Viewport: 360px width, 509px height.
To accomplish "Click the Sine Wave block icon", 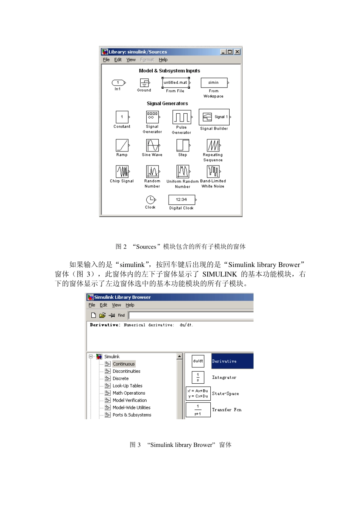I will pos(152,145).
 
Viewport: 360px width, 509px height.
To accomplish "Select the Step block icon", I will pos(183,145).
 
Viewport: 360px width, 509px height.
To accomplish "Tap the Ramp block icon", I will pos(122,145).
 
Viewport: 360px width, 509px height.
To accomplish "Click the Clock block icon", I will pos(150,200).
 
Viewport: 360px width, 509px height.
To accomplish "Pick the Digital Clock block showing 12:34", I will pos(182,200).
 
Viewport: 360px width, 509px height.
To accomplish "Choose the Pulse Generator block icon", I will pos(182,117).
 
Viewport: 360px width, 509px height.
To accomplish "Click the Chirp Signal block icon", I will pos(122,172).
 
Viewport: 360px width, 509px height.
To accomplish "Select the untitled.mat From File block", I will pos(175,83).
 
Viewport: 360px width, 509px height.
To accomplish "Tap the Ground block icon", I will pos(144,83).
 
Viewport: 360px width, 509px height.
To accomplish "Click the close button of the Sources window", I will pos(237,52).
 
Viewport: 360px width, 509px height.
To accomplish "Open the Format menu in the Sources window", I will pos(147,60).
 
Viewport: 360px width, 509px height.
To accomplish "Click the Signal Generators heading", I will pos(167,103).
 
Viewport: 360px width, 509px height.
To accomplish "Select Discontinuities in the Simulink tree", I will pos(126,371).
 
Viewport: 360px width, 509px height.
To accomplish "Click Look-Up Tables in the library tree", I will pos(127,386).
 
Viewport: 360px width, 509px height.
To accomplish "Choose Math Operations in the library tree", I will pos(129,393).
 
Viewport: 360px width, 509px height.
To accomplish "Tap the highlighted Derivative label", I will pos(224,361).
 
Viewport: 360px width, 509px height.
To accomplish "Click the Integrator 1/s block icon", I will pos(198,377).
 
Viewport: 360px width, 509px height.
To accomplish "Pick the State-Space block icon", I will pos(198,393).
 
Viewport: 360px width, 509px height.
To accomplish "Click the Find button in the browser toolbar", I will pos(121,315).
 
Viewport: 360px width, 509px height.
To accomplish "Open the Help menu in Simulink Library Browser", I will pos(130,305).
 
